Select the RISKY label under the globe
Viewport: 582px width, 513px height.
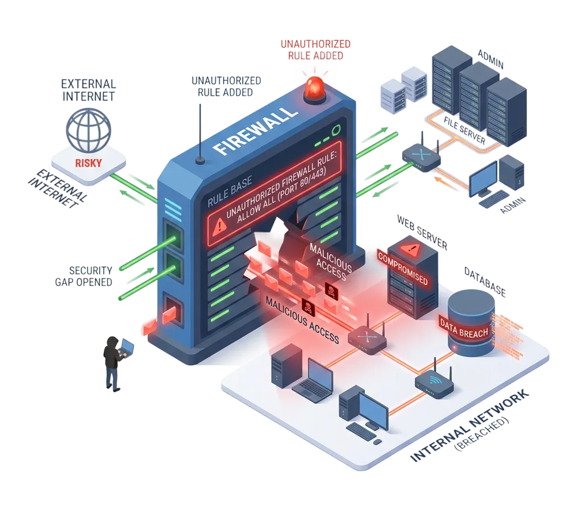click(x=88, y=162)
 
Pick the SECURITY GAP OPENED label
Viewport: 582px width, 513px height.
click(x=91, y=275)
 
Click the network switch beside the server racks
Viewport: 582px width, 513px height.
click(x=421, y=154)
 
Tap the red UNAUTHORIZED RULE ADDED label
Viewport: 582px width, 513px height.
click(x=315, y=49)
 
